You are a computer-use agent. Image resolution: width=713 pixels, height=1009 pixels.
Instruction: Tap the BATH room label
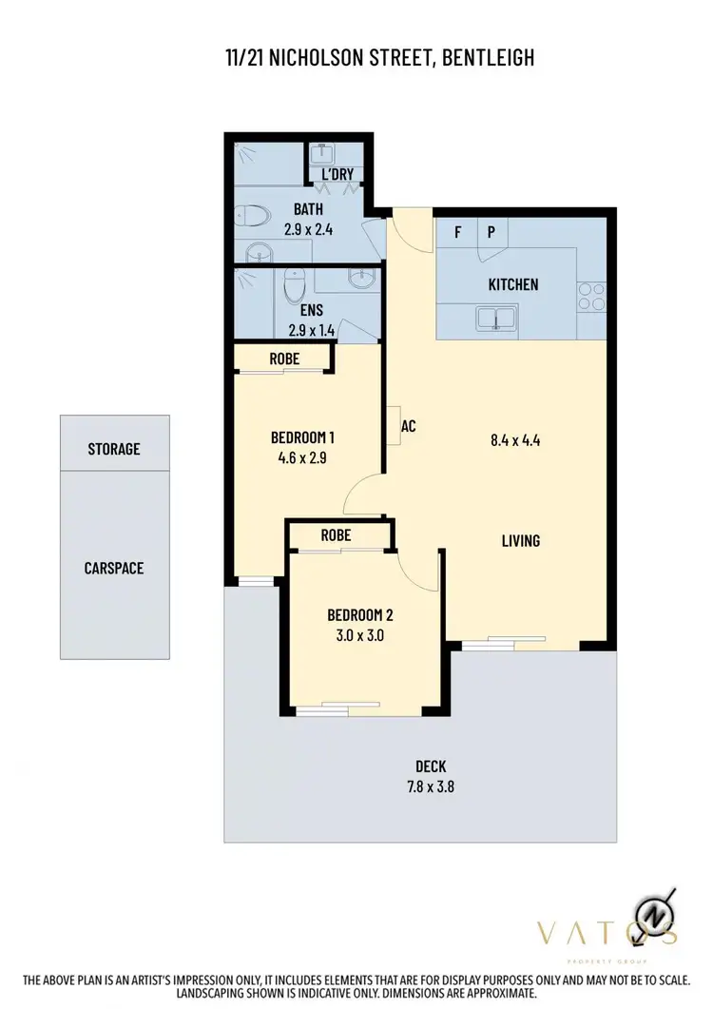pyautogui.click(x=308, y=209)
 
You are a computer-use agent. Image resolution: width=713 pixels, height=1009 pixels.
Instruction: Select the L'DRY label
pyautogui.click(x=337, y=175)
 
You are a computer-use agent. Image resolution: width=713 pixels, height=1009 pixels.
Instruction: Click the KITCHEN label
pyautogui.click(x=513, y=284)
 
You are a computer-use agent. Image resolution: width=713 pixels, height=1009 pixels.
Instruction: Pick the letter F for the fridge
pyautogui.click(x=457, y=232)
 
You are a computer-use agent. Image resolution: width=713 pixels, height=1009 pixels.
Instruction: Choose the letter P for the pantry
pyautogui.click(x=491, y=232)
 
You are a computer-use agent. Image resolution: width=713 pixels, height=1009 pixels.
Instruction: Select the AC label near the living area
pyautogui.click(x=409, y=427)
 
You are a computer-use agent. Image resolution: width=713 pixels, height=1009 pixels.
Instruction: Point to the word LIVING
pyautogui.click(x=521, y=541)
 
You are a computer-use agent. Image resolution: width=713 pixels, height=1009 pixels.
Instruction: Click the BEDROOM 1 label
pyautogui.click(x=302, y=438)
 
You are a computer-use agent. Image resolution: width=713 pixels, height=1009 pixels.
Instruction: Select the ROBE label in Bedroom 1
pyautogui.click(x=285, y=359)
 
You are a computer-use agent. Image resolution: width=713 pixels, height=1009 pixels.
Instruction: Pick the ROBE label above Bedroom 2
pyautogui.click(x=336, y=535)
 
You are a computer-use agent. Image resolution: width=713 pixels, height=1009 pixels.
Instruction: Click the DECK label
pyautogui.click(x=431, y=766)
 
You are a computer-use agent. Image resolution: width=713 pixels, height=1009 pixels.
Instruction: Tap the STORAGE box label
pyautogui.click(x=114, y=448)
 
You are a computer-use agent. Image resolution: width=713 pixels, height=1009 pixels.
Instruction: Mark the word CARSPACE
pyautogui.click(x=114, y=568)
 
